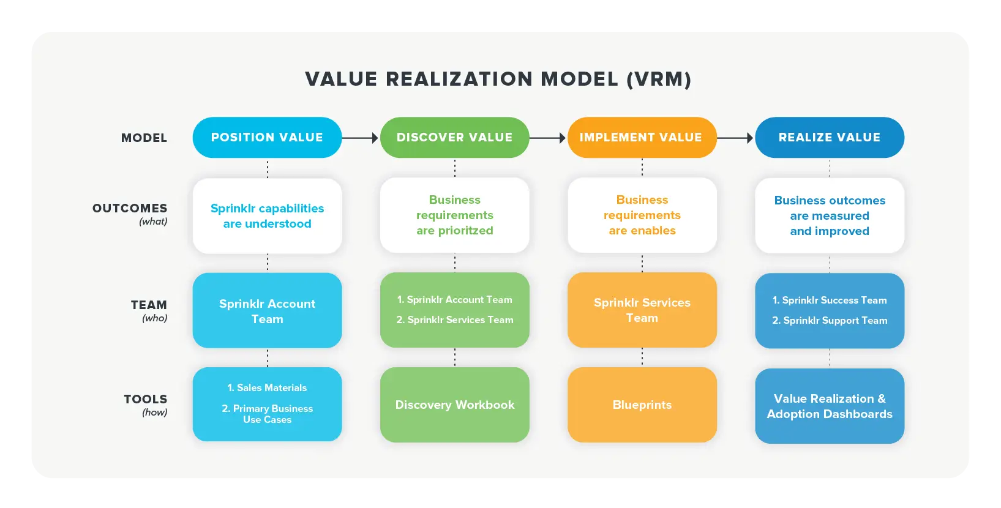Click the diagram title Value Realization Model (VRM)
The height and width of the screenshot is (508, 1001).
498,79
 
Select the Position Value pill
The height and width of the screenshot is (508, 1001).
267,138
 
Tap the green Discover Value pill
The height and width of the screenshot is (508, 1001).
454,138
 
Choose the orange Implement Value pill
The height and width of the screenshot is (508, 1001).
641,138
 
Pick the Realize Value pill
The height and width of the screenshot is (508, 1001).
829,138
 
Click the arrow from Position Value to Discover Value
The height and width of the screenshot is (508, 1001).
361,138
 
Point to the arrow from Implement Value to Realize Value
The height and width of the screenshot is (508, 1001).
735,138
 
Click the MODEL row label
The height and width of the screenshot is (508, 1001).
144,138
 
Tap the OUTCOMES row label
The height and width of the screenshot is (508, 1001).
130,209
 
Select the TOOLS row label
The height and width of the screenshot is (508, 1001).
145,400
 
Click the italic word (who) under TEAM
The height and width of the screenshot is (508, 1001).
154,318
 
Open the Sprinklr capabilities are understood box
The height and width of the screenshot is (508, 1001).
267,216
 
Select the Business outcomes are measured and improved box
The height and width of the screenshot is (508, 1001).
829,216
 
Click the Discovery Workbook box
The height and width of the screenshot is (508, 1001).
454,405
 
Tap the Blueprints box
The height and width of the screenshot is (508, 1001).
642,405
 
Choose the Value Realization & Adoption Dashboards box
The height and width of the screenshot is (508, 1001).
829,406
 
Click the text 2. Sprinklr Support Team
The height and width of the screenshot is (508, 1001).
829,321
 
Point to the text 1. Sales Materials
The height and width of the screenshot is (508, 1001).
267,388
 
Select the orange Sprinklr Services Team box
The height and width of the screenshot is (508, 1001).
642,310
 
